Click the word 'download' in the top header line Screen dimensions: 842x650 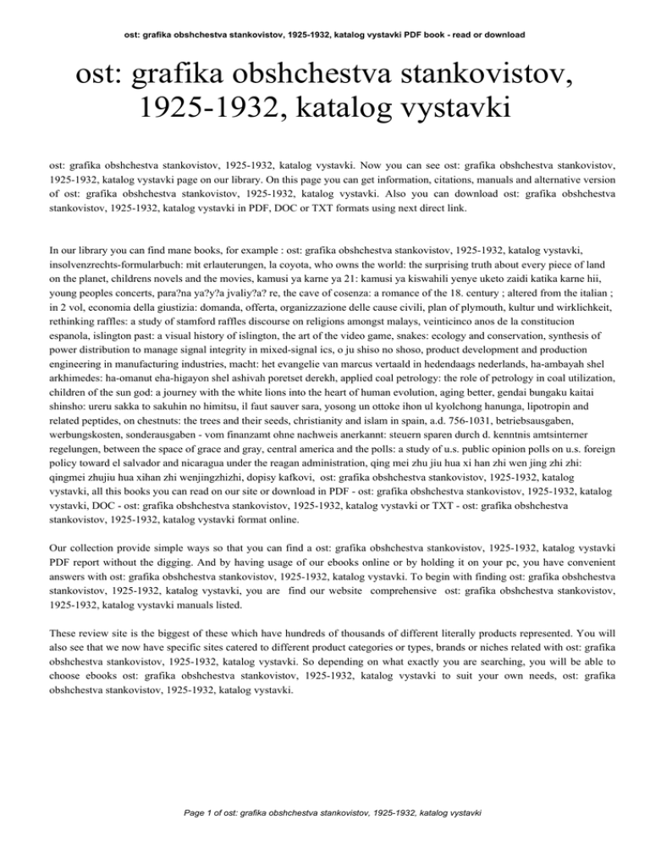504,35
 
